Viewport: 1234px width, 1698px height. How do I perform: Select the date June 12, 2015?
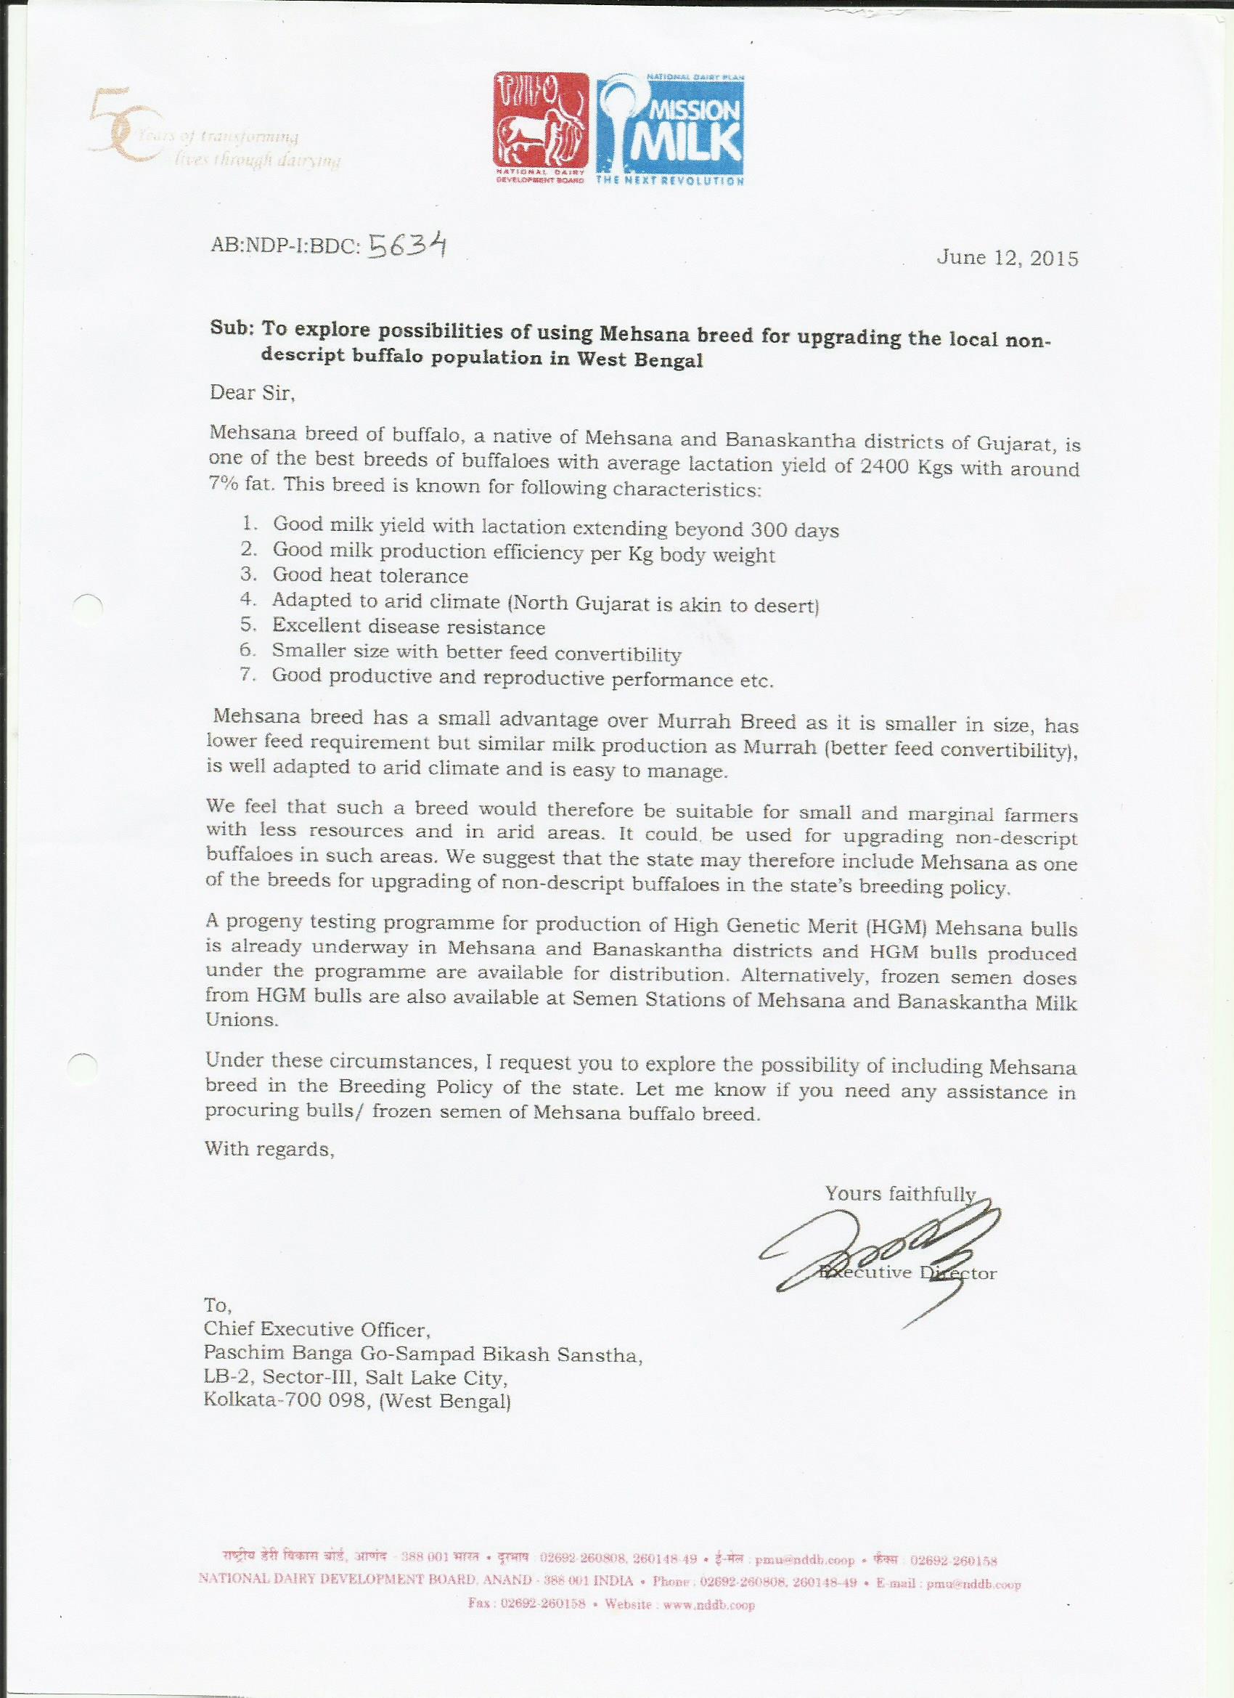(1008, 259)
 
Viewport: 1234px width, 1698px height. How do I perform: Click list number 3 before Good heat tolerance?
(249, 575)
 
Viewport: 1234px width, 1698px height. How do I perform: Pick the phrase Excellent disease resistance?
(409, 626)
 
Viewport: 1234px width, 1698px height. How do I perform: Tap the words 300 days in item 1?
(794, 531)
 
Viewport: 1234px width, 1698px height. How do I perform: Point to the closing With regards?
(269, 1148)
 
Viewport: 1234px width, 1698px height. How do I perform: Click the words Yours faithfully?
(899, 1193)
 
